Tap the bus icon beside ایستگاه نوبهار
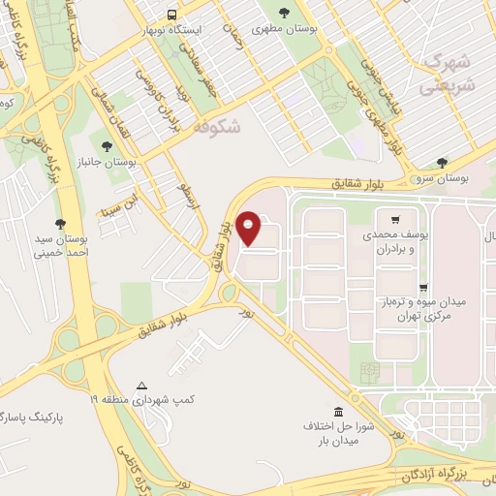point(171,15)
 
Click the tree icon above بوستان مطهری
point(284,13)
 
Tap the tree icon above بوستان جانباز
point(107,147)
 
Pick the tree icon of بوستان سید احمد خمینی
point(60,222)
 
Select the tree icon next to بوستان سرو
point(442,163)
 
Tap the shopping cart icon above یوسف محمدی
point(395,219)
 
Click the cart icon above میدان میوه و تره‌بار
point(423,288)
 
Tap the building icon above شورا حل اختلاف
point(337,411)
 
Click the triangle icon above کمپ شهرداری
point(142,385)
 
